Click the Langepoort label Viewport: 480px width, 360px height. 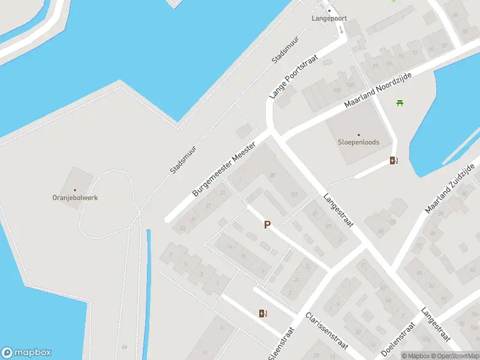[x=329, y=19]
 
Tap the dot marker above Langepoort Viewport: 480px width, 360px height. [x=329, y=10]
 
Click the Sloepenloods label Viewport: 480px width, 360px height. [x=359, y=143]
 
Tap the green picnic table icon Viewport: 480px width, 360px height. [x=400, y=103]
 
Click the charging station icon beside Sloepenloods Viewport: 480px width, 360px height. [x=394, y=160]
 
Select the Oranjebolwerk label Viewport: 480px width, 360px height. [x=75, y=197]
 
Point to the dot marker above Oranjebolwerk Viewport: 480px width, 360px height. [x=75, y=190]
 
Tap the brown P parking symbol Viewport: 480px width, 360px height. [x=268, y=225]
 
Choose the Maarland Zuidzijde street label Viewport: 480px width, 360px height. [x=449, y=188]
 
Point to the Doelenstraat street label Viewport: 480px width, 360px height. [x=398, y=339]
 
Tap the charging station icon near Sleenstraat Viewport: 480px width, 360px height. [x=262, y=313]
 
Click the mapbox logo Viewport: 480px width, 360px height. [x=26, y=353]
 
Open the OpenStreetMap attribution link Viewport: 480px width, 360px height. [x=457, y=356]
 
